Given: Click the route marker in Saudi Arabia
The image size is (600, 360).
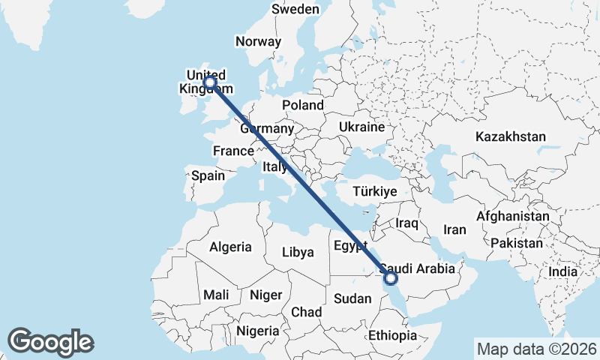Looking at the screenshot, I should [x=390, y=278].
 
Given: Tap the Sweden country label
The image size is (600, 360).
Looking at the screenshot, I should [x=295, y=10].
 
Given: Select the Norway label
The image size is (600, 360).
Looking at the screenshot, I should [x=258, y=42].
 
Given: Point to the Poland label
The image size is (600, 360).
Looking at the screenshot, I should [x=303, y=106].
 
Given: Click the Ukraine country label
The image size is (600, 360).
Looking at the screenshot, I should [x=361, y=127].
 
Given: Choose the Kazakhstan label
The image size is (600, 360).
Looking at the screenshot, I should [x=510, y=136].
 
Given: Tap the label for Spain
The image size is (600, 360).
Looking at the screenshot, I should [x=208, y=175].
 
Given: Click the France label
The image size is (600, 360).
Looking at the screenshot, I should [x=233, y=151].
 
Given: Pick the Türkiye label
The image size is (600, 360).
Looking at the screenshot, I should [x=374, y=192].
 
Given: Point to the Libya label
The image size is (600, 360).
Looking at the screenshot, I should [x=298, y=252].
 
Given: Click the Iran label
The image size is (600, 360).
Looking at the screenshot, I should [x=455, y=230].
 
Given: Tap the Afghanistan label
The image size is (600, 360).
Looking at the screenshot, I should [x=513, y=216].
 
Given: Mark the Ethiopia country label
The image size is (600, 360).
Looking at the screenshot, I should [x=392, y=335].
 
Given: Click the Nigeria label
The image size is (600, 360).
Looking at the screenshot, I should [x=258, y=330].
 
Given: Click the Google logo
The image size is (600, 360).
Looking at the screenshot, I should [x=51, y=342].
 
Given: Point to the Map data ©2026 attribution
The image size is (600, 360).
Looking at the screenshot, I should [x=536, y=349].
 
